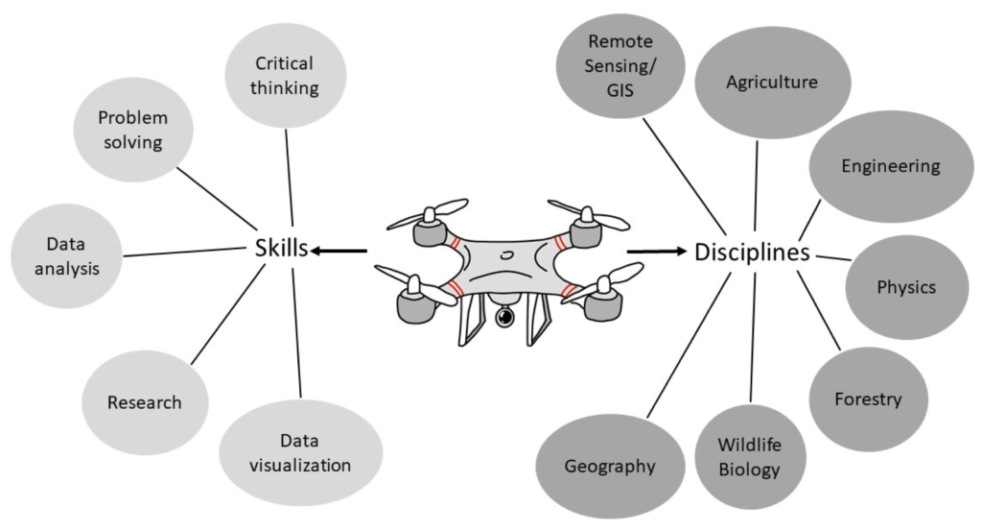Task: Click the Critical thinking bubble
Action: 285,77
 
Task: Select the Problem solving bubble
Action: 132,131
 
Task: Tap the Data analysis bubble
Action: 67,255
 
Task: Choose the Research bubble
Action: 144,402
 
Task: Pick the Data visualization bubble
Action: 301,454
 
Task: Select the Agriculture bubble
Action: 772,83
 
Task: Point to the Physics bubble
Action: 906,286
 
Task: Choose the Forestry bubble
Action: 868,399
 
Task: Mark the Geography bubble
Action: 610,467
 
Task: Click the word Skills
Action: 281,249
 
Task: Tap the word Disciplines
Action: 753,253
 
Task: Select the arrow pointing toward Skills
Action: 340,252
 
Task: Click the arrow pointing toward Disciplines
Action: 659,253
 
